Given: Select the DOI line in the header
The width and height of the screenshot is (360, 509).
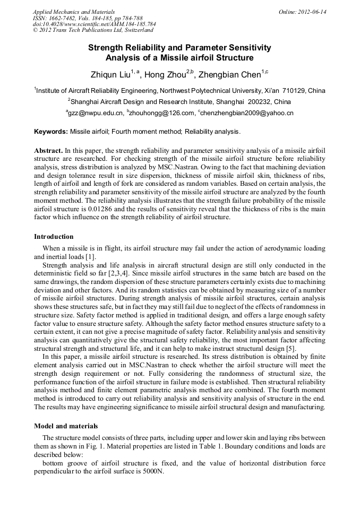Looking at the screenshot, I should coord(94,24).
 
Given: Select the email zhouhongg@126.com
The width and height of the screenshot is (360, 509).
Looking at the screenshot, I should coord(161,113).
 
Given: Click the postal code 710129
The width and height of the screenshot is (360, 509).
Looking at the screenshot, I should coord(294,91).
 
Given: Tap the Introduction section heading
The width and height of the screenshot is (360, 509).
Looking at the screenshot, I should coord(54,237).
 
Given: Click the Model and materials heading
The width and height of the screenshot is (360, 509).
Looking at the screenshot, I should coord(66,426).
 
